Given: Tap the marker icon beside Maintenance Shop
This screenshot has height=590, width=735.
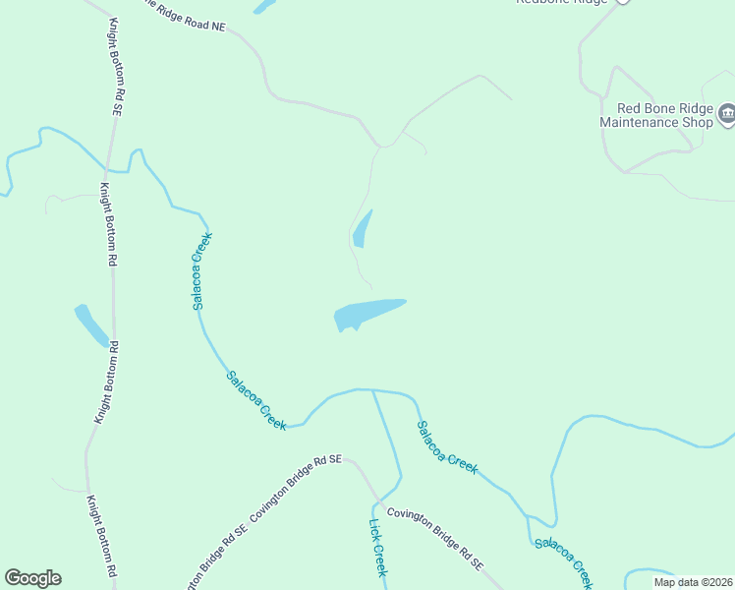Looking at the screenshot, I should coord(727,115).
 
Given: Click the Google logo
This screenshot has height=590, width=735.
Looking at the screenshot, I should coord(32,578).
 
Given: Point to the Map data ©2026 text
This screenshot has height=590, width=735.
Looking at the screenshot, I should coord(693,582).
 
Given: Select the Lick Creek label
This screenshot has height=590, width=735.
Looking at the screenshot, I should coord(378,548).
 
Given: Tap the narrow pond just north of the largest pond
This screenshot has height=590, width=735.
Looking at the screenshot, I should coord(362,229).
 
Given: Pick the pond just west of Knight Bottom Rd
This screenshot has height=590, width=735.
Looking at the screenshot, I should coord(91,325).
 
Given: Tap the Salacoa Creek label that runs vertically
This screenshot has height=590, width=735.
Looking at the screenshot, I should coord(202,271).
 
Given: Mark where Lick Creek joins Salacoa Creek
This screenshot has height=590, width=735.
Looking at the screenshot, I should coord(372,390).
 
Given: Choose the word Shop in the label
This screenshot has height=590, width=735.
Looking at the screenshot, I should coord(696,122).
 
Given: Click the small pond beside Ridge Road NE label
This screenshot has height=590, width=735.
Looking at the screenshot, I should coord(263,6).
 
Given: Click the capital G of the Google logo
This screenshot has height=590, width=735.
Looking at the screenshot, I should coord(13,578).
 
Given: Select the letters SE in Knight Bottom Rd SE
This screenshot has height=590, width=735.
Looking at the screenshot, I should coord(115,105).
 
